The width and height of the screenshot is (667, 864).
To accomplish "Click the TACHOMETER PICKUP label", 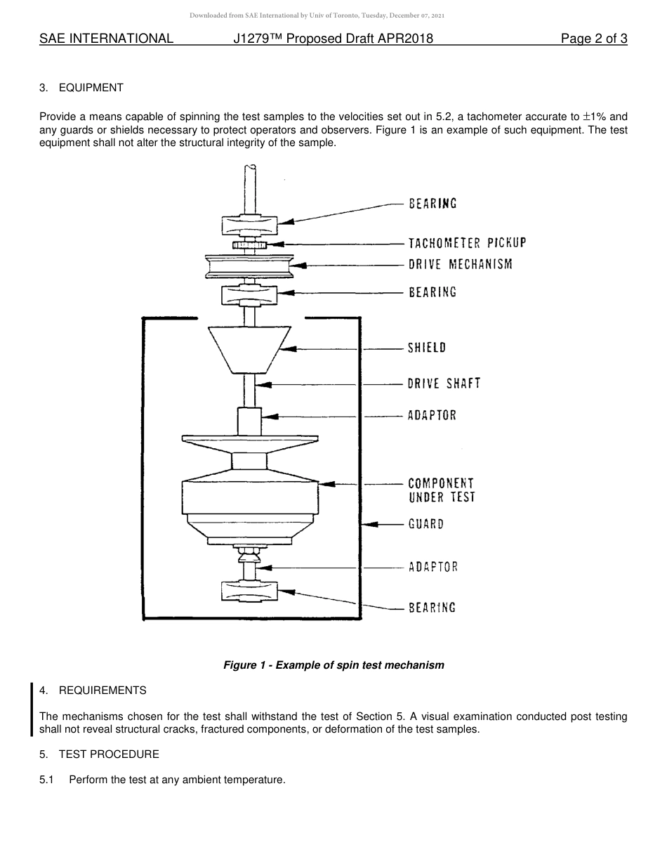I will pyautogui.click(x=467, y=243).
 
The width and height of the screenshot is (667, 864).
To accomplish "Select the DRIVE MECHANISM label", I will pyautogui.click(x=461, y=265).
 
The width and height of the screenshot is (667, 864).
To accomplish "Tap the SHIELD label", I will pyautogui.click(x=427, y=348).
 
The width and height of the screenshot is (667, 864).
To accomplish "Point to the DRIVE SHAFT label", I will pyautogui.click(x=444, y=384).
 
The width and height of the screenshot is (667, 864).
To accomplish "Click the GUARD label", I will pyautogui.click(x=426, y=524).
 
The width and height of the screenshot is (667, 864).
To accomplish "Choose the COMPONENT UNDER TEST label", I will pyautogui.click(x=442, y=490).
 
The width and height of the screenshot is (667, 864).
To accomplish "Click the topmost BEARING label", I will pyautogui.click(x=432, y=204).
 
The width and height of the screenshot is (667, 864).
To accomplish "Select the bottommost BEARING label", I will pyautogui.click(x=432, y=608).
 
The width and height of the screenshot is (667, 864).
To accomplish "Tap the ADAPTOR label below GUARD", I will pyautogui.click(x=432, y=567).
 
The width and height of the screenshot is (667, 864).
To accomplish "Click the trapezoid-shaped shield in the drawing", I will pyautogui.click(x=249, y=348).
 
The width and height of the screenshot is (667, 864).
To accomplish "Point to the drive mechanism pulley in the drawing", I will pyautogui.click(x=249, y=266).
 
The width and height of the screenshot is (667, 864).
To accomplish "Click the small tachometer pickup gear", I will pyautogui.click(x=249, y=244).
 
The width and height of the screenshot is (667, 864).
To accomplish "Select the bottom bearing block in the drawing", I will pyautogui.click(x=249, y=591).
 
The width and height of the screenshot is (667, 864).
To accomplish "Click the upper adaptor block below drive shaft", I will pyautogui.click(x=249, y=421).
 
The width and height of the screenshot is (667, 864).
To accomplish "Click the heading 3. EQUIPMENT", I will pyautogui.click(x=81, y=88).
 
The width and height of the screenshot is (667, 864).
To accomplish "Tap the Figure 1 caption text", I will pyautogui.click(x=333, y=665).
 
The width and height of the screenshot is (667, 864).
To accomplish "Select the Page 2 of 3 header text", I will pyautogui.click(x=594, y=39).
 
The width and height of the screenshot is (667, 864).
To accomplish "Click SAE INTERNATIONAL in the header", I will pyautogui.click(x=106, y=39).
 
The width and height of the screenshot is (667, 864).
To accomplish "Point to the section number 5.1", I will pyautogui.click(x=47, y=780).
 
